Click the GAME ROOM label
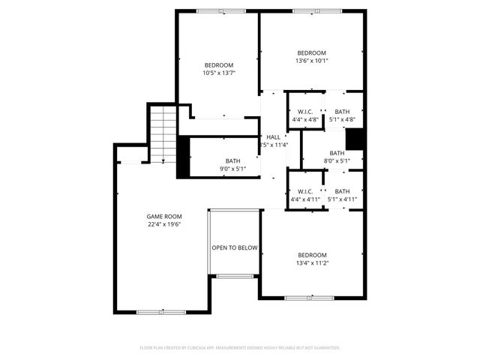163,216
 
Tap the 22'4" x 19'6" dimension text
163,223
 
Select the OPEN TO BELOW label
235,247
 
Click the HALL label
274,137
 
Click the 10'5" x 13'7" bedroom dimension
218,73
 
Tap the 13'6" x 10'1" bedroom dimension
311,61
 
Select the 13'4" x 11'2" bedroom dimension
311,262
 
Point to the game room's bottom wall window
161,311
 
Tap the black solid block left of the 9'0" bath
183,157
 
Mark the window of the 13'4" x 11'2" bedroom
309,298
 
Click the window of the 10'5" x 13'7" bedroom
220,10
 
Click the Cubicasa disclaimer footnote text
240,348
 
